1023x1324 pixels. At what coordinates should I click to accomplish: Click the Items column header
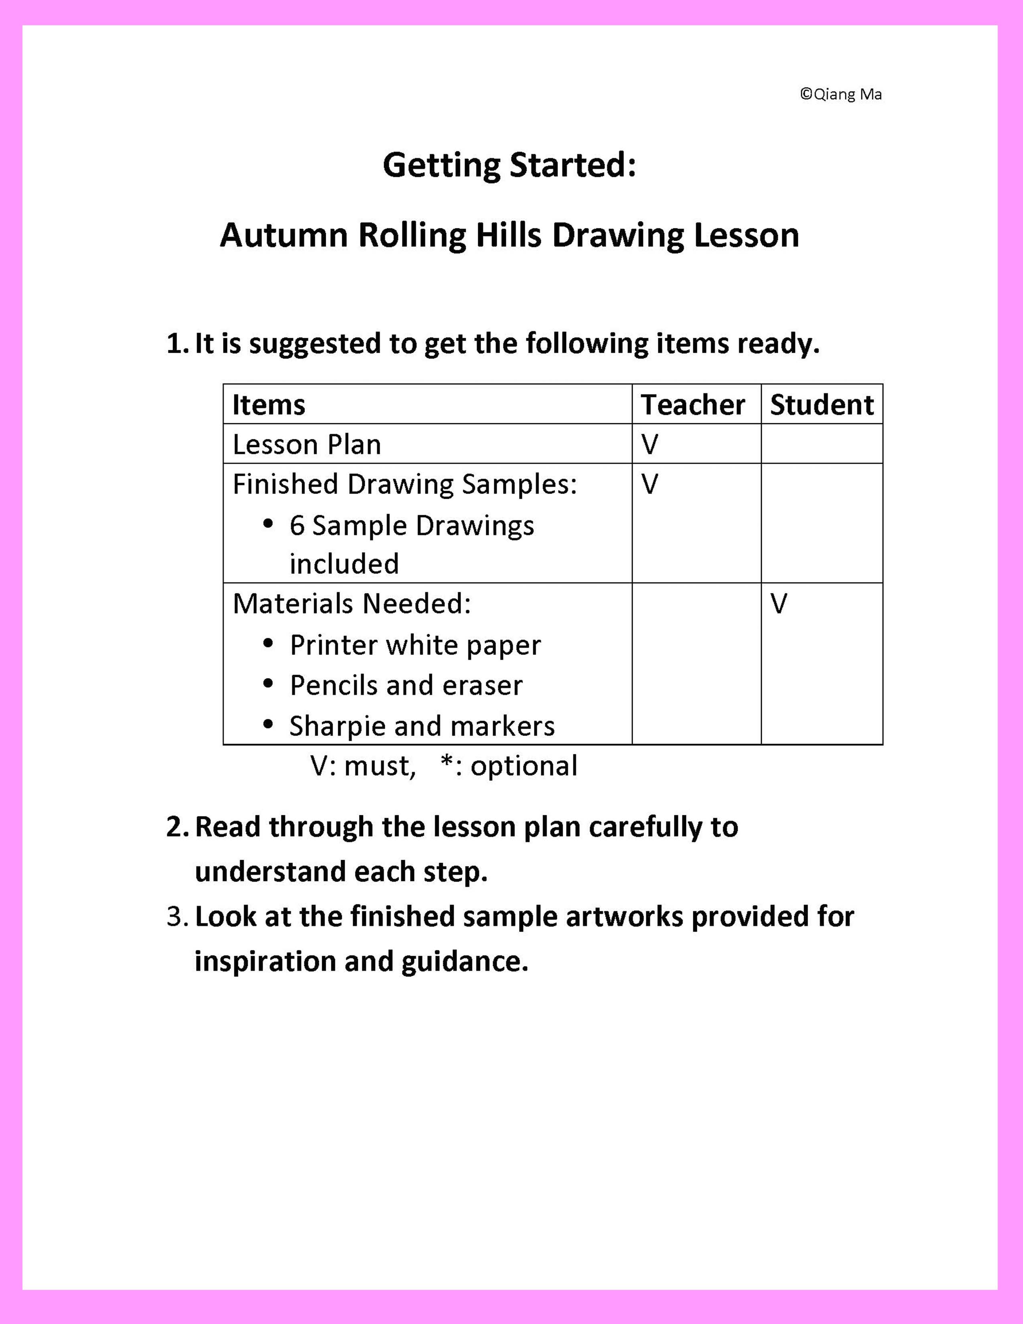coord(268,405)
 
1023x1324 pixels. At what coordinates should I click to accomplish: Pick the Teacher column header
coord(693,405)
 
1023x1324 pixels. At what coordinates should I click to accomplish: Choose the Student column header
coord(822,405)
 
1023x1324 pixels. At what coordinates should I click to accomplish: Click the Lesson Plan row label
coord(306,445)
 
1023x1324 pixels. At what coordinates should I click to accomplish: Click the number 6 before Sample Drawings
coord(297,526)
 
